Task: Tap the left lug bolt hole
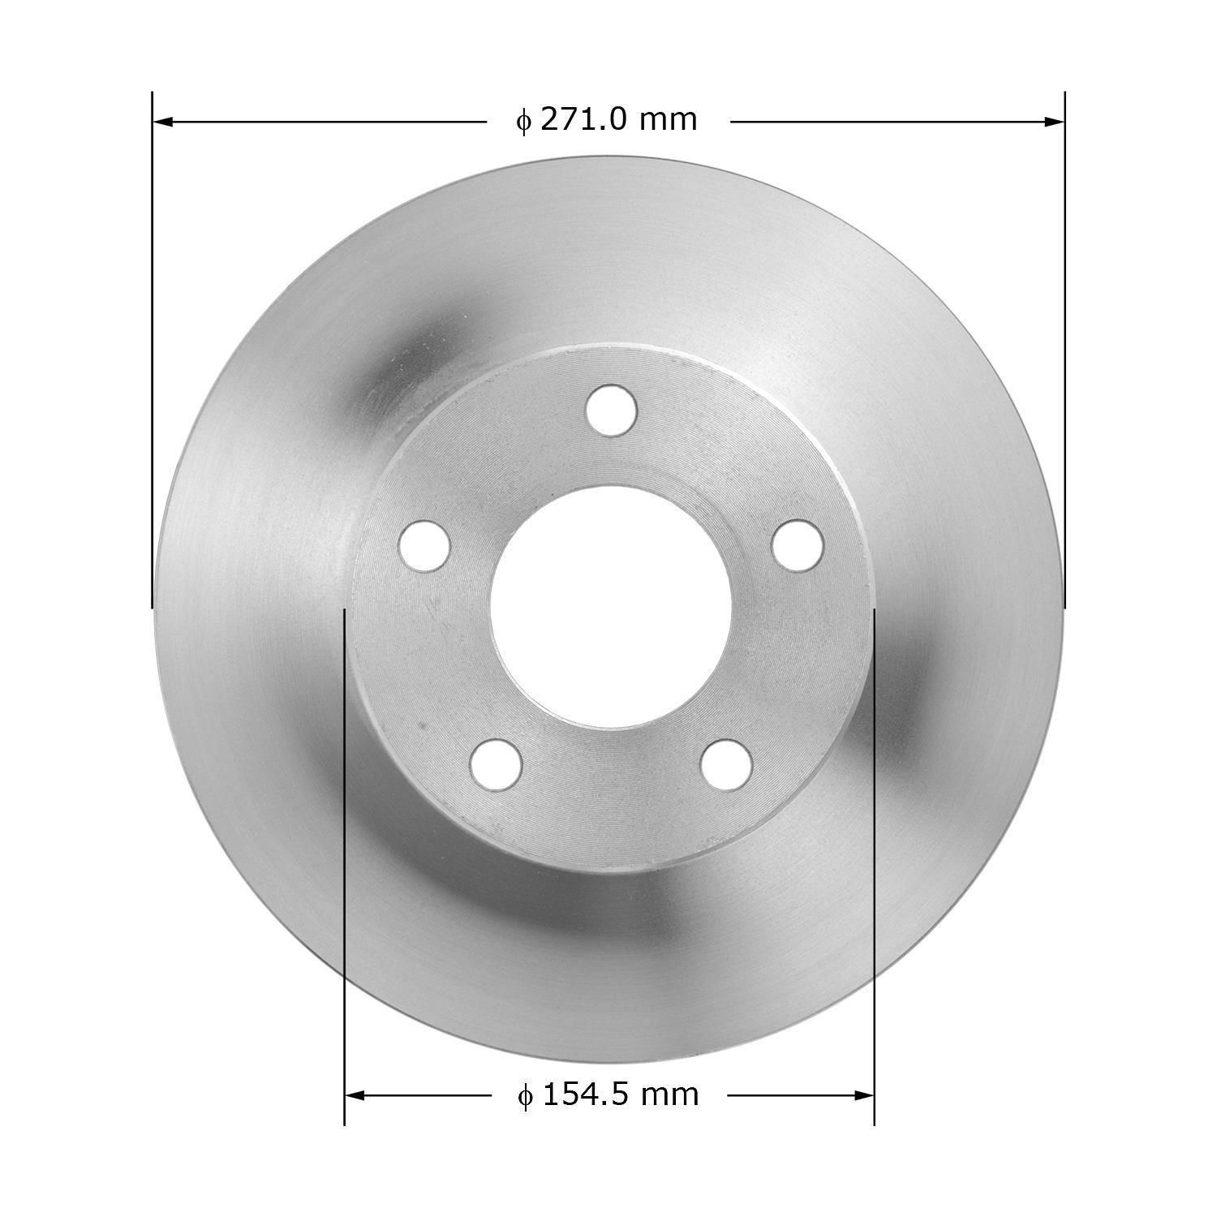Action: tap(424, 544)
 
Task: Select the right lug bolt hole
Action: tap(798, 544)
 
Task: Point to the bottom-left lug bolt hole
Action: tap(496, 763)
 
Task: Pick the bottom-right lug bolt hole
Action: tap(727, 763)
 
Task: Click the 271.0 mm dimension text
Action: tap(617, 120)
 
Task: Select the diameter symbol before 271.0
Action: tap(523, 121)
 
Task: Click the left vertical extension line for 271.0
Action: tap(153, 349)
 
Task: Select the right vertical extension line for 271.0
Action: tap(1064, 349)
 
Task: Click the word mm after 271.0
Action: tap(668, 120)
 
